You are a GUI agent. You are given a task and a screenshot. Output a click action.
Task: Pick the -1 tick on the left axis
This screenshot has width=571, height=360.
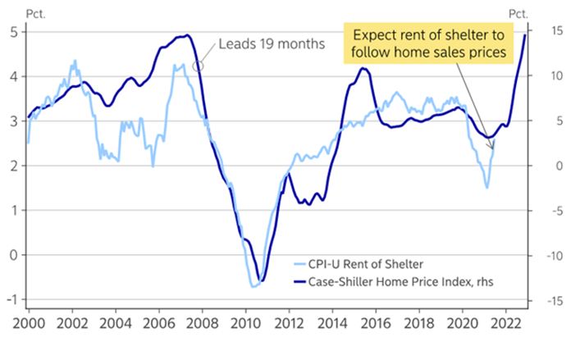(9, 299)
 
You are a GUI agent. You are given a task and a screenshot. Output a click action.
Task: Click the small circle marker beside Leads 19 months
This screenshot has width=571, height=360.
(197, 65)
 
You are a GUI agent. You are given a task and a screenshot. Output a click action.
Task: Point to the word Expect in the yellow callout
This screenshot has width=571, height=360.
(372, 36)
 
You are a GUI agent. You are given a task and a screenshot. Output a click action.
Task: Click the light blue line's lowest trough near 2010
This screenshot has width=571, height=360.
(254, 286)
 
